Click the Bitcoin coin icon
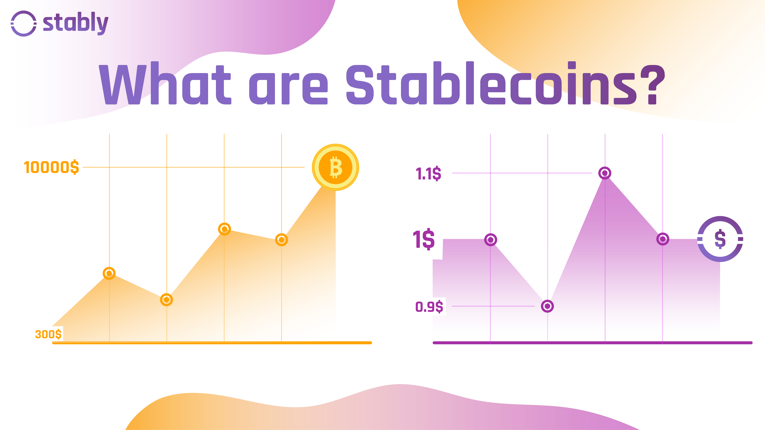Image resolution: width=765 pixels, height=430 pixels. point(335,167)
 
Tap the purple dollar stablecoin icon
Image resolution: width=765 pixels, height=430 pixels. point(720,239)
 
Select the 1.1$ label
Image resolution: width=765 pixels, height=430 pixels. point(428,174)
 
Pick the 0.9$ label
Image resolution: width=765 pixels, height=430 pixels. point(429,306)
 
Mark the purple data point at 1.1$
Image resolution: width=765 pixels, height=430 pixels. point(605,173)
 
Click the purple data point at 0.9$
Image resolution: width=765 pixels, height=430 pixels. point(547,306)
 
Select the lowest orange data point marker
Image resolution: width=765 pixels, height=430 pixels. point(166,300)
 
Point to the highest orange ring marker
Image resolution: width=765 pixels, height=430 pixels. point(224,229)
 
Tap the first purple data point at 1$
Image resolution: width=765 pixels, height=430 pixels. point(491,240)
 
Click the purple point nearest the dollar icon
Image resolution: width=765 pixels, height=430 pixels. point(662,239)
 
